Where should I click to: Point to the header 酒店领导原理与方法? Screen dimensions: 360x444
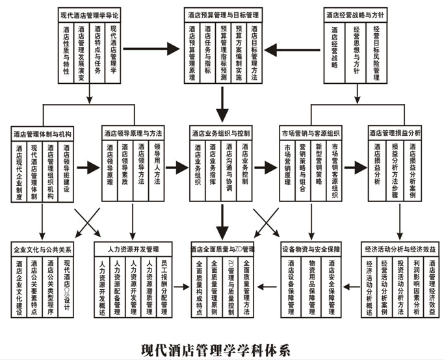tap(132, 133)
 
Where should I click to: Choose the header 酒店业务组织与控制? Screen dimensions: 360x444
tap(221, 133)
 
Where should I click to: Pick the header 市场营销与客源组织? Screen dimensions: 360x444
tap(311, 133)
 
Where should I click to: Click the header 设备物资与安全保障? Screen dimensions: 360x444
tap(311, 249)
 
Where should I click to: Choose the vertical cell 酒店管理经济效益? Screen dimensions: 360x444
tap(432, 288)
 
